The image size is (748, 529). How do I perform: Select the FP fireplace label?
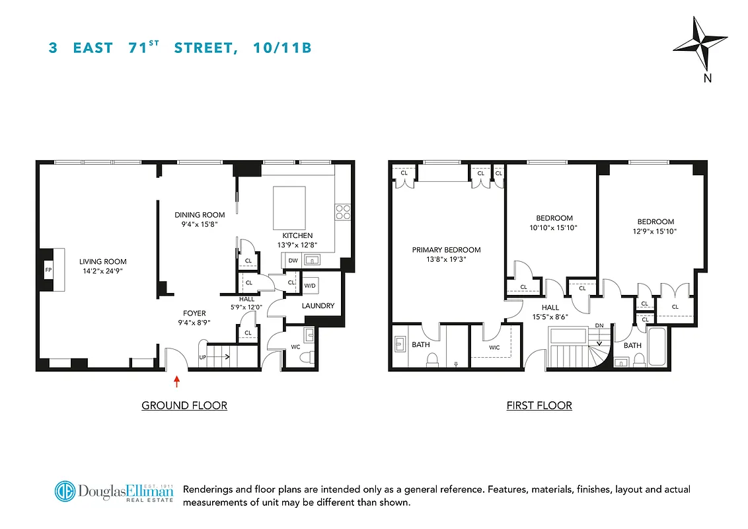point(48,270)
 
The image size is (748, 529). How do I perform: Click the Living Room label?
point(103,261)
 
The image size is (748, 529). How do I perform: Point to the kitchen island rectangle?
point(289,208)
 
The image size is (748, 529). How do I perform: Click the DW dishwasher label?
point(293,261)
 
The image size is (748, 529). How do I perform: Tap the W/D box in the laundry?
point(309,286)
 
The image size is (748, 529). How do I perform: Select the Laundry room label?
point(318,306)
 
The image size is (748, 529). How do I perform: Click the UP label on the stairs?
point(204,358)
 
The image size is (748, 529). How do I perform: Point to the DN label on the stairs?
point(599,325)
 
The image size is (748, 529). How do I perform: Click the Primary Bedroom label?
point(446,250)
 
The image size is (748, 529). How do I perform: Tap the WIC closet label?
point(494,347)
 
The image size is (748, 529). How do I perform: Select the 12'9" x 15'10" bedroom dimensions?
point(655,231)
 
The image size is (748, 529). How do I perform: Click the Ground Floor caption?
point(184,405)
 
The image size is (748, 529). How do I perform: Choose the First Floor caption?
point(539,405)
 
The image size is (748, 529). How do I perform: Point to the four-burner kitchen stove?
point(343,212)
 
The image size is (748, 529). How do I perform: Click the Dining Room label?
point(200,215)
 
